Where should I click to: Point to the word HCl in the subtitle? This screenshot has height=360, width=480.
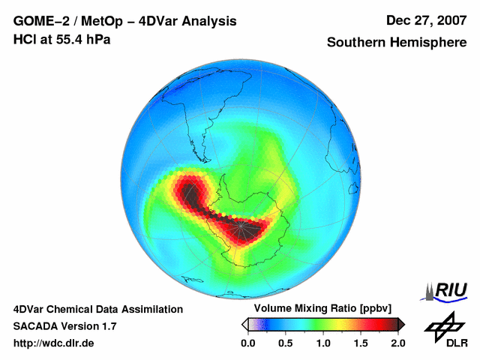coord(25,38)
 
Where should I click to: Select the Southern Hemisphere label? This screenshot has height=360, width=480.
coord(395,43)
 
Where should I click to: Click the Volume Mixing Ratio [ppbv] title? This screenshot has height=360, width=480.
coord(319,309)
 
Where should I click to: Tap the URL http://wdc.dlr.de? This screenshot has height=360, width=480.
coord(54,343)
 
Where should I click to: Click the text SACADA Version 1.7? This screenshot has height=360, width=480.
coord(64,326)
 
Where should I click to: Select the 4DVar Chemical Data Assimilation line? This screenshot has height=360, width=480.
coord(97,309)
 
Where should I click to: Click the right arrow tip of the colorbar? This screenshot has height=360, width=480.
coord(403,324)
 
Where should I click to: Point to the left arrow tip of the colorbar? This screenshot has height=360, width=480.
coord(243,324)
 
